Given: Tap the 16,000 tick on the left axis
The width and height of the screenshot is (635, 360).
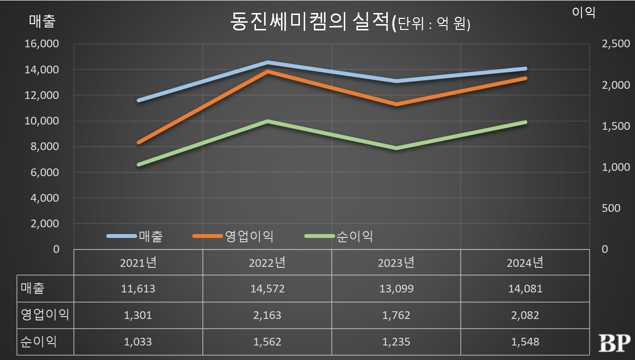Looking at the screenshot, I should tap(42, 44).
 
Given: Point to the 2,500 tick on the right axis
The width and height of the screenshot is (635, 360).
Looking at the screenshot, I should tap(616, 44).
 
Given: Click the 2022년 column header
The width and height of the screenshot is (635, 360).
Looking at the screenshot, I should tap(267, 263).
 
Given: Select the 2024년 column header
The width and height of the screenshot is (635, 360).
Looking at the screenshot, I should tap(525, 263).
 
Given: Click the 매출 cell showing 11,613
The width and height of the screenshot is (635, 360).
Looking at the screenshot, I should tap(138, 289).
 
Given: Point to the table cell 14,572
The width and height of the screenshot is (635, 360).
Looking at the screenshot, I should tap(267, 289).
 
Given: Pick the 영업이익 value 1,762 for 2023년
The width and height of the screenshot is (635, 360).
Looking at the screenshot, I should tap(396, 315).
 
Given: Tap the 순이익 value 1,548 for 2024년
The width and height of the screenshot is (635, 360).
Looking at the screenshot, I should tap(525, 342).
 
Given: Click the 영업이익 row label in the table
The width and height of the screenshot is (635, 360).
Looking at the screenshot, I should tap(45, 315).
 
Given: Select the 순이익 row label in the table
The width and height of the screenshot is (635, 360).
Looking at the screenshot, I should tap(39, 342).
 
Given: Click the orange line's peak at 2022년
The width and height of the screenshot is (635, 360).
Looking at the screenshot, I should tap(267, 71).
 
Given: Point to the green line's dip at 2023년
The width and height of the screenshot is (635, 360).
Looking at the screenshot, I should tap(396, 148).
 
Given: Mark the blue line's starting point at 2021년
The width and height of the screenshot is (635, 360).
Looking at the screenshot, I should tap(139, 100).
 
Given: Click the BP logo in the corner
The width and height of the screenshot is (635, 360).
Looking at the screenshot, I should tap(614, 343).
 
